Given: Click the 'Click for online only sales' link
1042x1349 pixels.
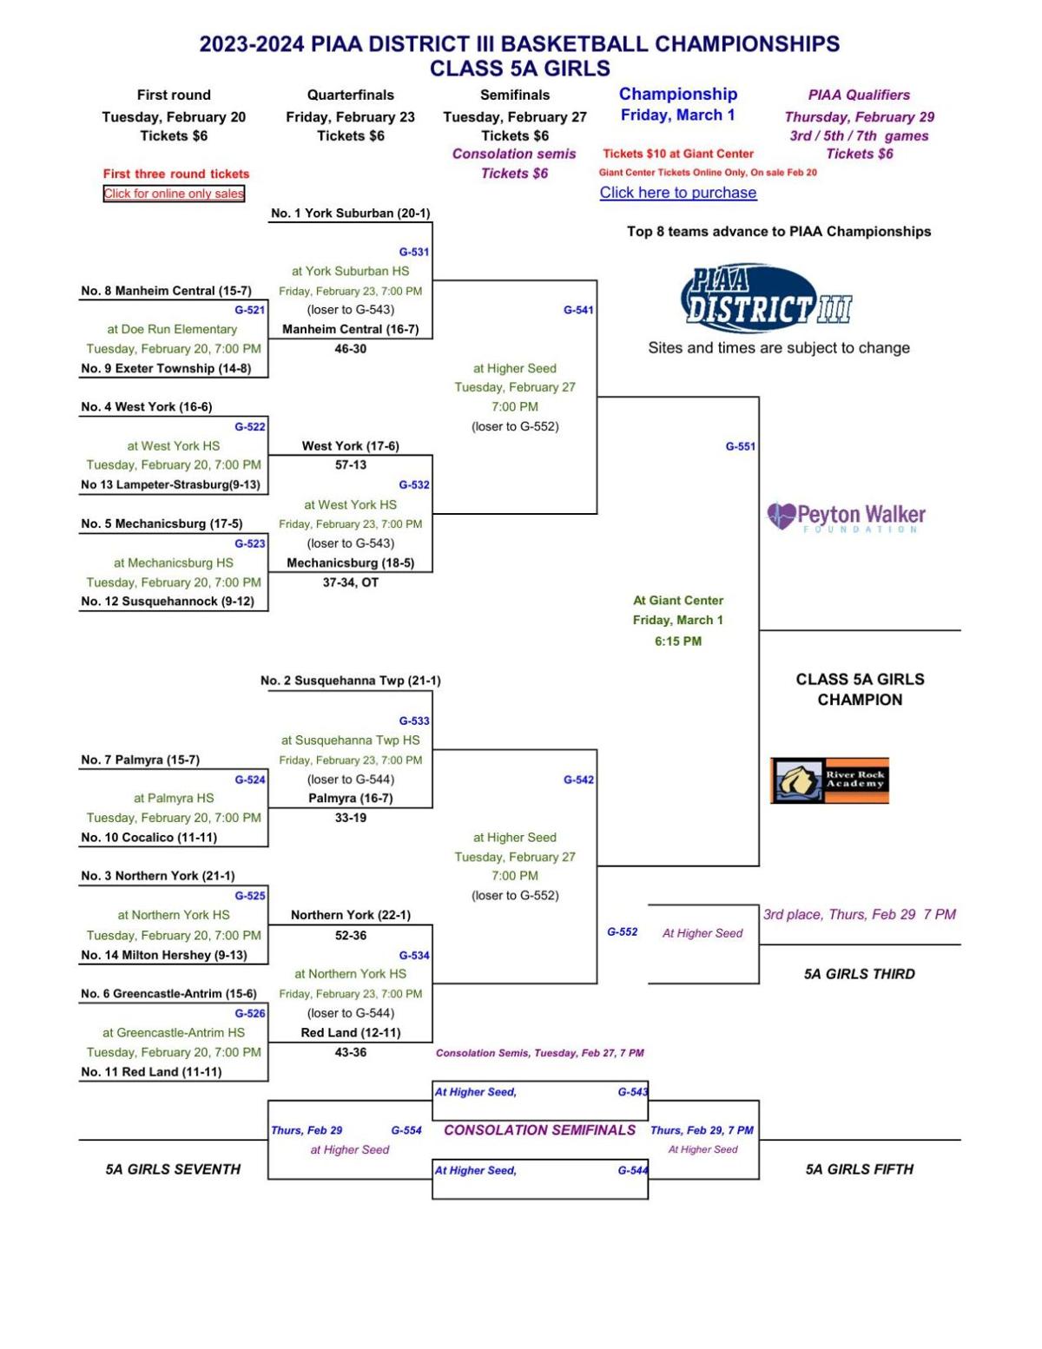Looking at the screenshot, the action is pos(174,193).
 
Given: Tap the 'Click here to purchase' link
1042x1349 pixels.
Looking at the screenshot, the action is pos(678,193).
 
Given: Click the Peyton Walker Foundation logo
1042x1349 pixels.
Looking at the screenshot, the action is pos(847,517).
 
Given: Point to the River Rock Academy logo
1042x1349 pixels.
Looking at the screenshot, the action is pos(829,780).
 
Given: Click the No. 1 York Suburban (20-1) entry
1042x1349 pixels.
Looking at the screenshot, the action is pos(350,213).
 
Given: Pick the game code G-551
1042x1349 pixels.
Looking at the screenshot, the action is pos(740,446).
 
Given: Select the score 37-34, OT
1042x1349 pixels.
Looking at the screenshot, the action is pos(350,582).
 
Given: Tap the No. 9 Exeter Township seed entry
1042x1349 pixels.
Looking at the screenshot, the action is pos(166,368).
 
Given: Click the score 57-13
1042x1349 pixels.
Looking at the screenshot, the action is pos(350,465).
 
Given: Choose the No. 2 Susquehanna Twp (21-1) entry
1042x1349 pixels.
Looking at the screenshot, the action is pos(350,681).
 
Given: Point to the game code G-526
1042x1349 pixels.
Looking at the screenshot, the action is pos(249,1013).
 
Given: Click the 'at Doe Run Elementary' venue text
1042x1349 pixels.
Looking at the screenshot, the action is pos(172,329).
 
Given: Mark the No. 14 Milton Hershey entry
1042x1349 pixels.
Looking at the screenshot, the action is pos(164,955).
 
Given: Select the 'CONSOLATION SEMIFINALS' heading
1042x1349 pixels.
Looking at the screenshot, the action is pos(539,1130).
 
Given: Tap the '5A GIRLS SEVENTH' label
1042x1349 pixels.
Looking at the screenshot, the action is pos(173,1169).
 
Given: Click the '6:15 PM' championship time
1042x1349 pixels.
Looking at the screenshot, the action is pos(678,642).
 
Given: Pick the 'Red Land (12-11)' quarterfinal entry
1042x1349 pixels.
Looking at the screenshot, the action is pos(350,1032).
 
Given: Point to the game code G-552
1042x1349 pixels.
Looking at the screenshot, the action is pos(623,931).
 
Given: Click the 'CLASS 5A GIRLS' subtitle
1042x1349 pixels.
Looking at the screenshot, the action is pos(520,68).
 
